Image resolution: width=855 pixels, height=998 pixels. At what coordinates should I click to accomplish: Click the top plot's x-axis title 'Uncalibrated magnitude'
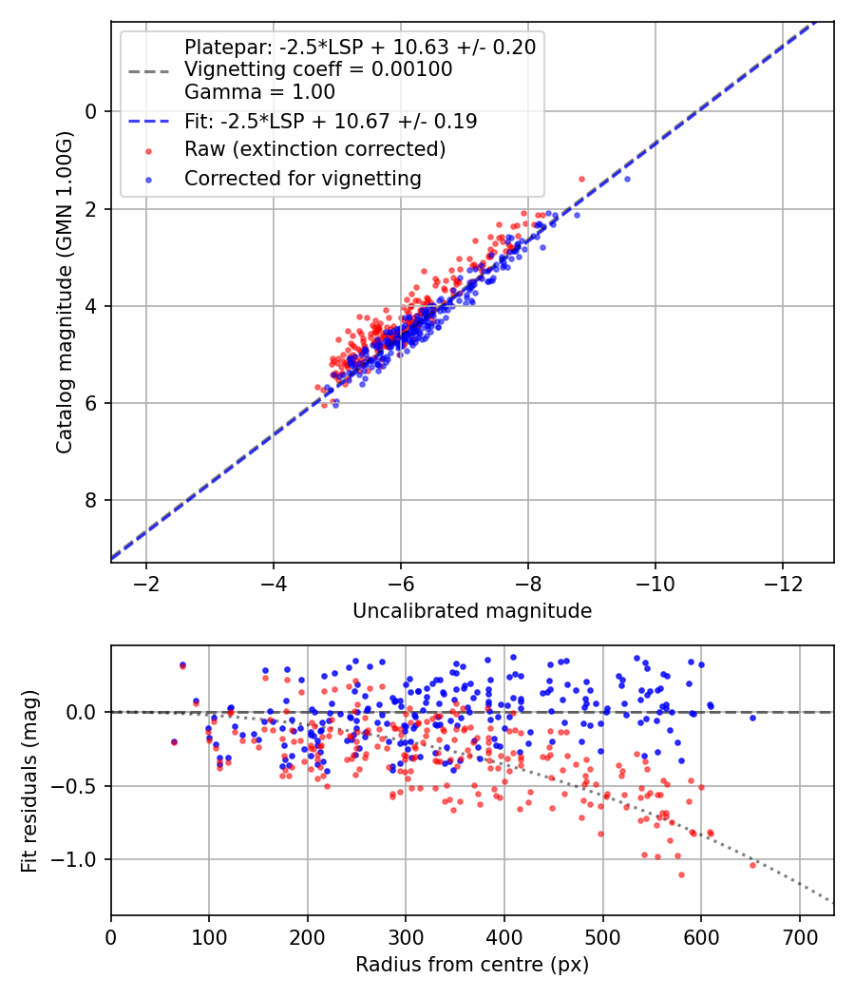tap(472, 611)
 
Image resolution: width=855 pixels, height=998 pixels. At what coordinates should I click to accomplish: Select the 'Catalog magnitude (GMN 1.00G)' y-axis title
tap(64, 292)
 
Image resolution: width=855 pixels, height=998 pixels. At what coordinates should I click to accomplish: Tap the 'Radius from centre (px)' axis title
tap(472, 965)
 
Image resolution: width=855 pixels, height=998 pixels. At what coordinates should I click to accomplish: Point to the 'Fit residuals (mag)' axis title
tap(29, 781)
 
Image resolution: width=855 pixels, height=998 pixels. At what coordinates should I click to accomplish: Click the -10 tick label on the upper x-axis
tap(655, 585)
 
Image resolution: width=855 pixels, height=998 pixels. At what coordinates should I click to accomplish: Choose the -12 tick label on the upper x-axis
tap(783, 585)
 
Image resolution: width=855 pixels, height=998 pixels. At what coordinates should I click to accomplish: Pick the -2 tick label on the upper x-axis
tap(146, 585)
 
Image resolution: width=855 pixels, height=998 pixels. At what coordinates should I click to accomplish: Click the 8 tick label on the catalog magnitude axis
tap(91, 500)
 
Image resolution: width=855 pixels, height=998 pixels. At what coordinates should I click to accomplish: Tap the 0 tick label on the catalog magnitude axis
tap(91, 112)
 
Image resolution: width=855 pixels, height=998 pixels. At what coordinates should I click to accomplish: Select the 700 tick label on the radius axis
tap(800, 937)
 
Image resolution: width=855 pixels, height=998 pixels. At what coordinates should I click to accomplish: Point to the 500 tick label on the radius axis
tap(602, 937)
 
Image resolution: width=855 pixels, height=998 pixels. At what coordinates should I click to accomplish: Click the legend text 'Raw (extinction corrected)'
tap(314, 149)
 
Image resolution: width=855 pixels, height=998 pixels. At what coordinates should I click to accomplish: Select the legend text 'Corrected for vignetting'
tap(303, 179)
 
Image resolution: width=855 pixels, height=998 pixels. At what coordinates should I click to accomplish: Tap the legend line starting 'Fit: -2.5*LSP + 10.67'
tap(331, 121)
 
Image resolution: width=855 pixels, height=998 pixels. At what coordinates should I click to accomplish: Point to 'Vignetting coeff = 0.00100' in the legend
tap(318, 68)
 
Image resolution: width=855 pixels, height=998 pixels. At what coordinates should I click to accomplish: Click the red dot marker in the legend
tap(149, 151)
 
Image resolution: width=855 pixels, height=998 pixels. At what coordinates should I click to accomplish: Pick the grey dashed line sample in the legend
tap(149, 70)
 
